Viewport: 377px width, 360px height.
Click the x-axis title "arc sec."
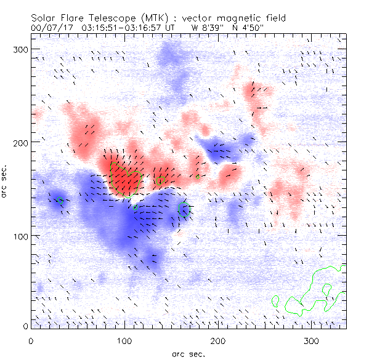pos(188,353)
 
